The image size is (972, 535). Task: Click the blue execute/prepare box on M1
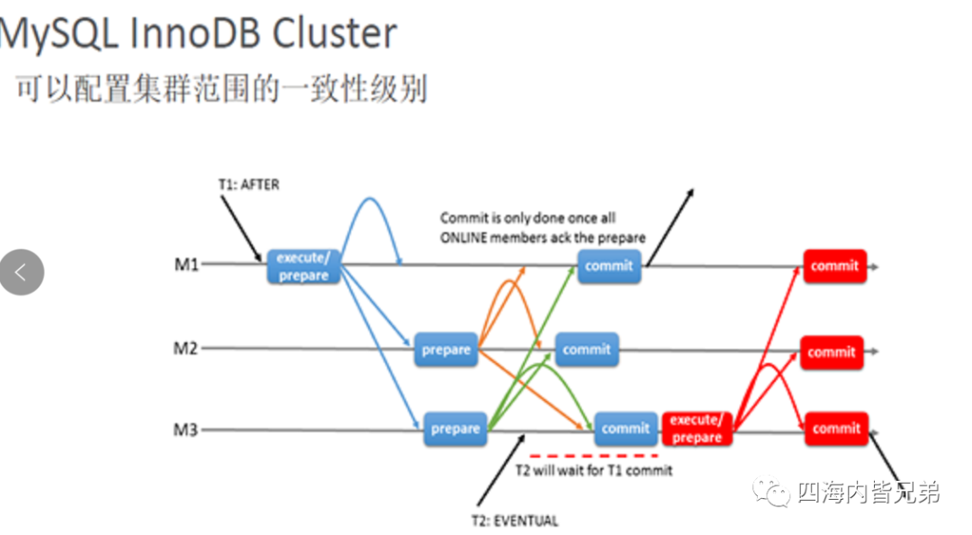click(x=304, y=267)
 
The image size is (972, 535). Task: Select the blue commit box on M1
click(x=609, y=267)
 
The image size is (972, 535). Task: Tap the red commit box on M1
click(x=834, y=267)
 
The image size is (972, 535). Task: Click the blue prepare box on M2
click(x=445, y=349)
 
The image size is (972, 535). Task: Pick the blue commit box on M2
click(x=587, y=349)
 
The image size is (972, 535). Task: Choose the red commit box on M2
click(x=832, y=352)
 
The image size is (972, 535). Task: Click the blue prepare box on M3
click(x=455, y=429)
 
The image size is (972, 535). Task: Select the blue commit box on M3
click(x=625, y=429)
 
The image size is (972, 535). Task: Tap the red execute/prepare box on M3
click(x=697, y=429)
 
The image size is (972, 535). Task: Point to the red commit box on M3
click(x=836, y=429)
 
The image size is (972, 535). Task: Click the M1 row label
click(x=186, y=265)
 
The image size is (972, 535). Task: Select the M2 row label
click(x=185, y=349)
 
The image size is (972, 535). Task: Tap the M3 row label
click(x=185, y=430)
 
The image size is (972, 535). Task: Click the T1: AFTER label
click(x=248, y=185)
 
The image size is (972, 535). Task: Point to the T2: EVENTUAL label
click(x=515, y=521)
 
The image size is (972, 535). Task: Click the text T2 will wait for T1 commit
click(x=594, y=470)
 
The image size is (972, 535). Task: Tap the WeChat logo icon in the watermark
click(x=771, y=492)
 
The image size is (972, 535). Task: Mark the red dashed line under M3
click(x=594, y=456)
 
